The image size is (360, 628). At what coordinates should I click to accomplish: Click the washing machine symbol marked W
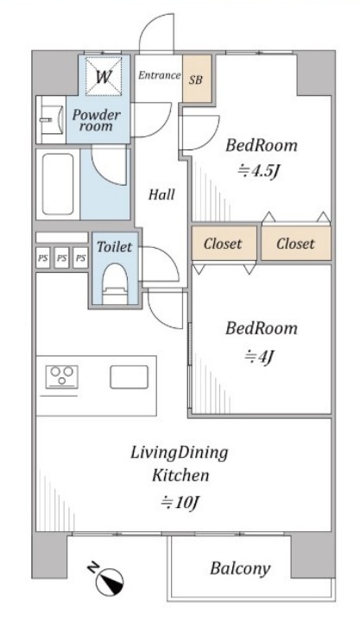point(104,77)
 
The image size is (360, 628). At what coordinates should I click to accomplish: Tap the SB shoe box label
point(196,79)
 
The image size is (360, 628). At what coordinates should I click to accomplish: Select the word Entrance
point(160,75)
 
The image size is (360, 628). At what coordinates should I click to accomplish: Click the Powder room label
point(96,121)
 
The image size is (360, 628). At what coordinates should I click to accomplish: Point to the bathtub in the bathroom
point(58,184)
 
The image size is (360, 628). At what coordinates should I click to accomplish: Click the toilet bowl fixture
point(115,284)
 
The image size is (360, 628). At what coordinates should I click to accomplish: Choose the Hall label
point(161,194)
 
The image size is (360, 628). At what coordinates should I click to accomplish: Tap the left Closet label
point(223,244)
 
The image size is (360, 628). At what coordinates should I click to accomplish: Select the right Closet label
point(295,244)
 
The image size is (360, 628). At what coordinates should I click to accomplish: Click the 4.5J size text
point(258,171)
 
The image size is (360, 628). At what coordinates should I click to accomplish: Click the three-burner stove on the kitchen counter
point(61,377)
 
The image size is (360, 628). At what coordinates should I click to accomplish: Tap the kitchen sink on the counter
point(129,377)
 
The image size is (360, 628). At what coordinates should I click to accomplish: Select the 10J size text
point(180,502)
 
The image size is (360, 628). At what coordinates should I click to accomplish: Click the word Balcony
point(240,568)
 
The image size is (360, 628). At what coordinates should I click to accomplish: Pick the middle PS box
point(61,258)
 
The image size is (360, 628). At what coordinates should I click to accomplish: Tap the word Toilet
point(115,247)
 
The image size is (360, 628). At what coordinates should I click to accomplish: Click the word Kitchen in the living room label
point(180,475)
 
